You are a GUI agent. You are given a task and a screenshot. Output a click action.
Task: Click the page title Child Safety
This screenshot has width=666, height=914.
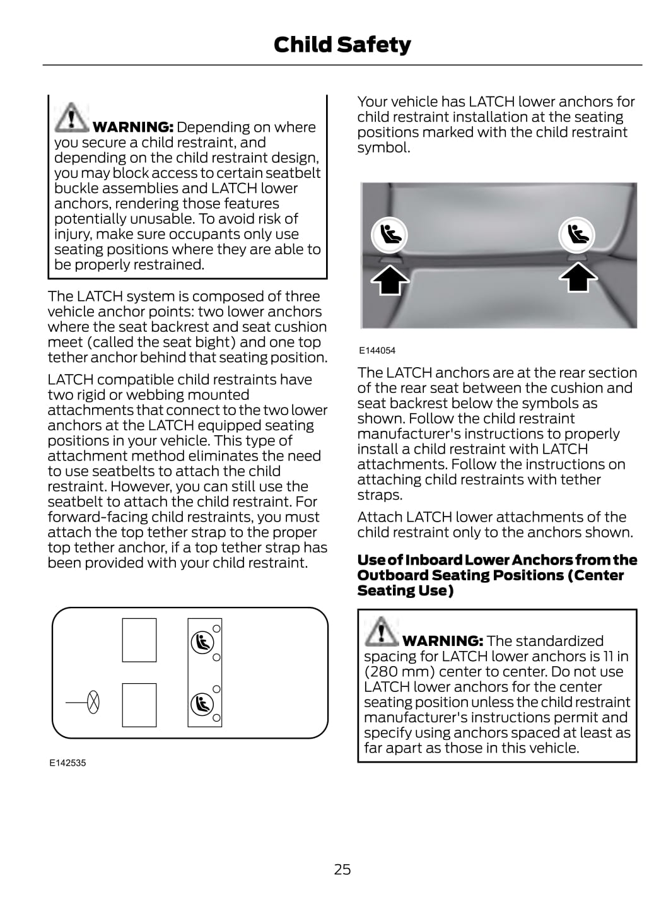point(342,45)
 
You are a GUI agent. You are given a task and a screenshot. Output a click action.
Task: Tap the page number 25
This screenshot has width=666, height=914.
point(342,869)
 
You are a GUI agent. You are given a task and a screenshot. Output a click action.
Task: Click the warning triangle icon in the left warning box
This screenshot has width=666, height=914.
point(71,117)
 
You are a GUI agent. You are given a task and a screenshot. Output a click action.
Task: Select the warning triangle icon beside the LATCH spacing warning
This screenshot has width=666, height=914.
point(381,631)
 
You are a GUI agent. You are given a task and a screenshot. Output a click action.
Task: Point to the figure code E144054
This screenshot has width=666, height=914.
point(377,351)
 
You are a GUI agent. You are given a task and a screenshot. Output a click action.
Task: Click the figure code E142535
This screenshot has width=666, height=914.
point(67,763)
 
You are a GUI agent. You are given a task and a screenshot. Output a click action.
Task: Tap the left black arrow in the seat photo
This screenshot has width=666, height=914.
point(390,278)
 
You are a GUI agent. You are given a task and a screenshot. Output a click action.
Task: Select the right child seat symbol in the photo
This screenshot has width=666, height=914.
point(576,235)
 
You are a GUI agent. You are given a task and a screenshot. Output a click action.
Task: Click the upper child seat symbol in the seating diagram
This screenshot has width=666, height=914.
point(202,642)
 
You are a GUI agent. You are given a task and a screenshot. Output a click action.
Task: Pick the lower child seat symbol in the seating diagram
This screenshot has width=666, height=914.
point(202,703)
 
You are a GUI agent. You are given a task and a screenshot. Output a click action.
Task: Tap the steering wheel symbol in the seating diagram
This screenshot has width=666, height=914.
point(93,702)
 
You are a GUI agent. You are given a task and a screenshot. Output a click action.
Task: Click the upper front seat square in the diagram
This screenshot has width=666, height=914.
point(139,640)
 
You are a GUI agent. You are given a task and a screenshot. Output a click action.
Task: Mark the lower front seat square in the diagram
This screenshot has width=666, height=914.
point(139,705)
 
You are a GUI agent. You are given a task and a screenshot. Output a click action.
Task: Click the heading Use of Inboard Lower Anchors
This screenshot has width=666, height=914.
point(497,575)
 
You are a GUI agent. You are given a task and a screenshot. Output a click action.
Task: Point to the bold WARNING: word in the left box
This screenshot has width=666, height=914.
point(133,127)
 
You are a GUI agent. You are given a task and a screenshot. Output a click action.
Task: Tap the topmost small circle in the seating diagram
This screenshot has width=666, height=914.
point(216,628)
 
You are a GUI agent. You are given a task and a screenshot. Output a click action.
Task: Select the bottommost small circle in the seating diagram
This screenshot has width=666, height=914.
point(216,718)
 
